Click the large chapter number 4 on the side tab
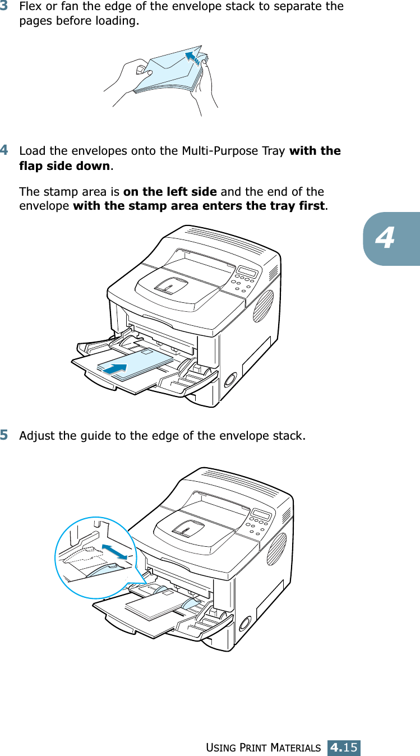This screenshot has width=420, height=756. [x=385, y=239]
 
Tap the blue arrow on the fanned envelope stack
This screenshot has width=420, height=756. [x=192, y=57]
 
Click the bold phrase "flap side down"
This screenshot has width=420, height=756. [x=64, y=166]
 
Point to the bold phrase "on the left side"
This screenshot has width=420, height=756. [x=170, y=191]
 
